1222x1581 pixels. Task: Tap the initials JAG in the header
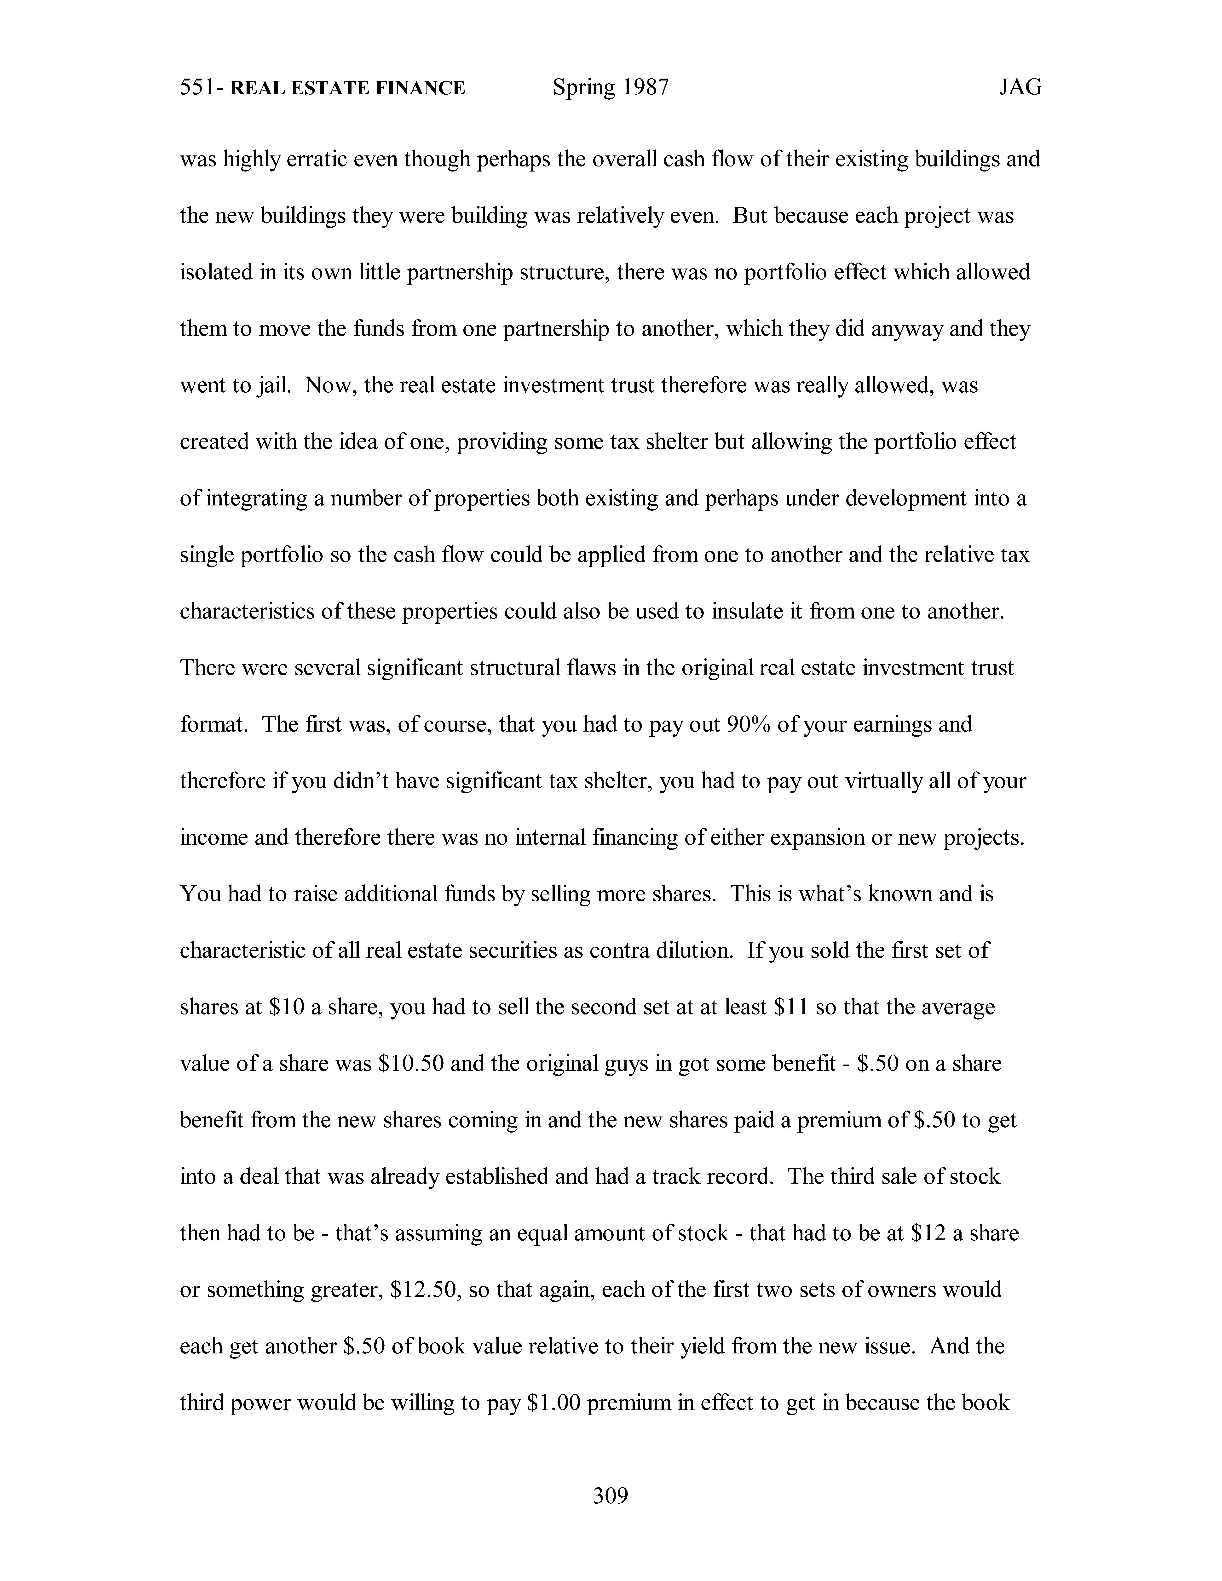(1020, 88)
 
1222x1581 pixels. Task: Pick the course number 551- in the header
(201, 88)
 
